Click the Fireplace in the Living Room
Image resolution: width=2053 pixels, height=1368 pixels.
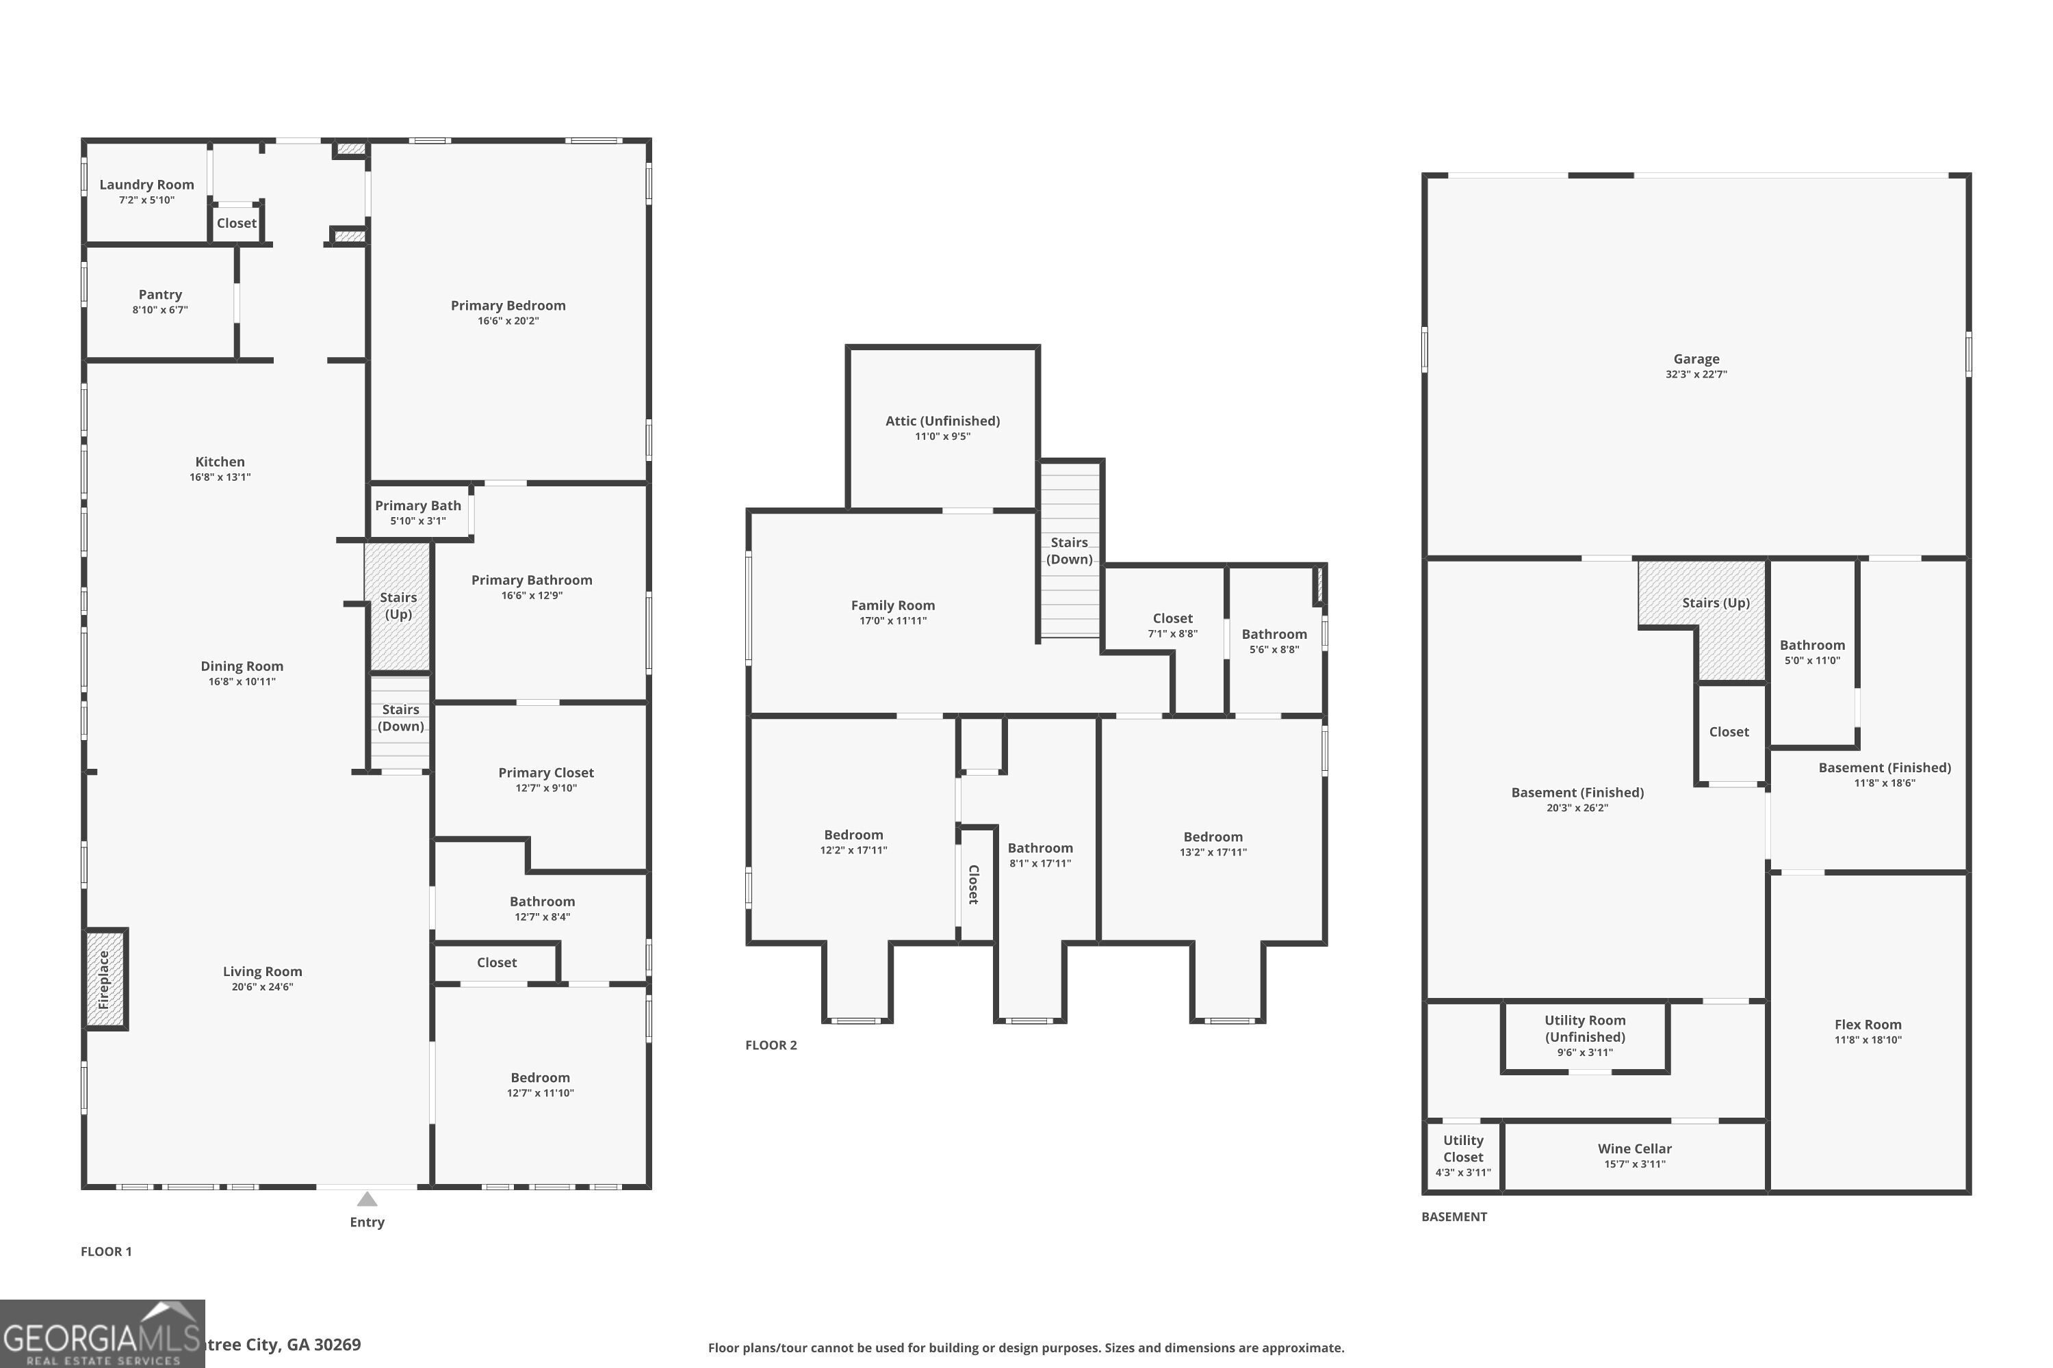[x=105, y=979]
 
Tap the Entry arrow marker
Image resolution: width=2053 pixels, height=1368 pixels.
[x=367, y=1199]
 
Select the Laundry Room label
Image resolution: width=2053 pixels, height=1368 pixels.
[x=146, y=185]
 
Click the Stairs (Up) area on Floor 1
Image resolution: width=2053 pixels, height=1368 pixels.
[x=398, y=605]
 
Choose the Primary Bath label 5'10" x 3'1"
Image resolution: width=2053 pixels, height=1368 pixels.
[x=418, y=512]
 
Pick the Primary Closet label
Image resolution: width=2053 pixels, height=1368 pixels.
[x=545, y=773]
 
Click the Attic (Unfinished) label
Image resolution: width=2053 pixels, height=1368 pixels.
[x=943, y=421]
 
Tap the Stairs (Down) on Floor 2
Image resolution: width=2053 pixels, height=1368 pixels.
[x=1069, y=551]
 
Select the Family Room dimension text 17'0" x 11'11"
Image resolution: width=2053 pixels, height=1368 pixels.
[x=893, y=621]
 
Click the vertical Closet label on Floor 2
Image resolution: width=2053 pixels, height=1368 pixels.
[x=974, y=884]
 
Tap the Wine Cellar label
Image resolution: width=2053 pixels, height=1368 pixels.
[x=1635, y=1149]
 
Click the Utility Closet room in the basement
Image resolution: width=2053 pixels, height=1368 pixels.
[x=1463, y=1155]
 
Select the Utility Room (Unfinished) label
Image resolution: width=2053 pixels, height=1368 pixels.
[x=1584, y=1029]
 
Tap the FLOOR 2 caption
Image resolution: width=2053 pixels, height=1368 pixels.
[x=771, y=1045]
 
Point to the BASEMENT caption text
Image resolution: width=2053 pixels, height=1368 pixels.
[x=1454, y=1217]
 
